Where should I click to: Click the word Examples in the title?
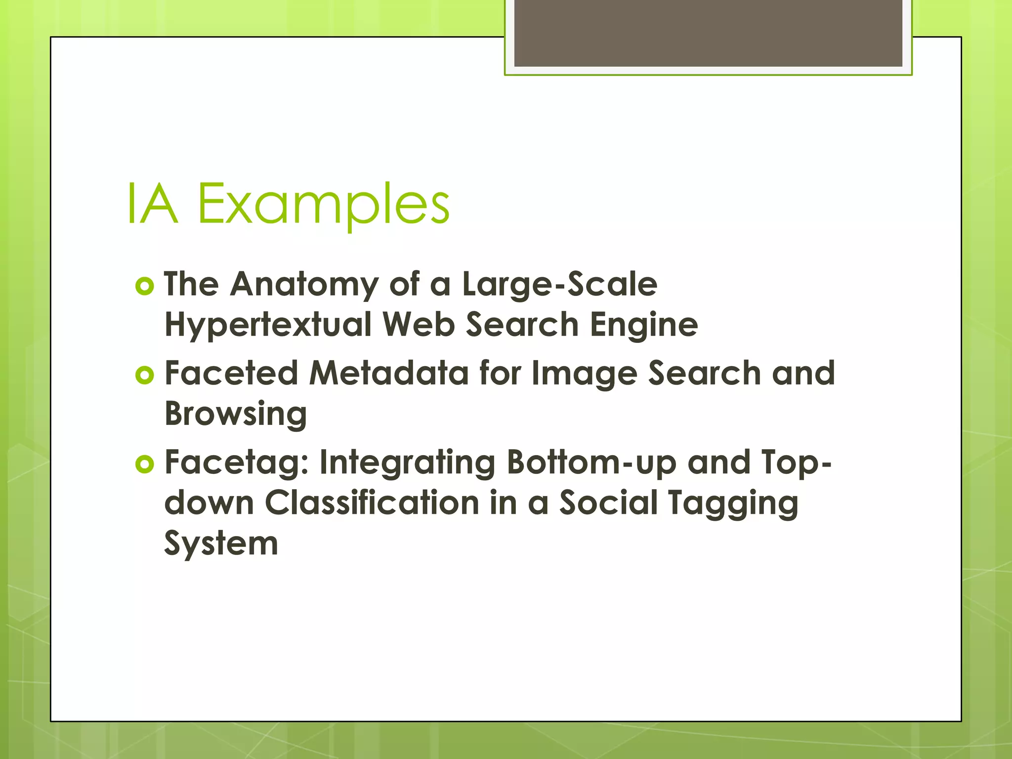coord(324,205)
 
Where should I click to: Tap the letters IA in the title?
coord(152,205)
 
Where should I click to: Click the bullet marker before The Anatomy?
coord(145,286)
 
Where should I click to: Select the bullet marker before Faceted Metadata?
coord(145,376)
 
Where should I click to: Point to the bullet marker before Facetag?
coord(145,464)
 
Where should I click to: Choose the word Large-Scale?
coord(559,285)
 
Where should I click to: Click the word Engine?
coord(644,325)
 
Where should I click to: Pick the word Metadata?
coord(388,374)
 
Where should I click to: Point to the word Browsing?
coord(236,414)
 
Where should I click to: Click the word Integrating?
coord(407,464)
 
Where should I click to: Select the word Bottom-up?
coord(591,464)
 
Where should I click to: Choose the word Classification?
coord(372,503)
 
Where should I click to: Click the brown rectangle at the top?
coord(708,33)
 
